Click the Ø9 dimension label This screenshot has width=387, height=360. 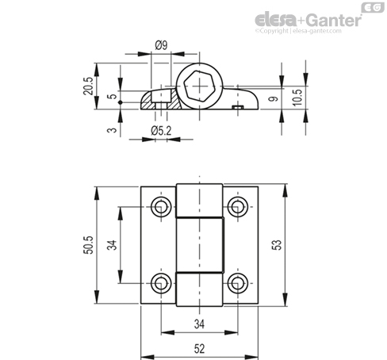coord(161,45)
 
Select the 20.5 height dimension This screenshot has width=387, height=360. coord(88,86)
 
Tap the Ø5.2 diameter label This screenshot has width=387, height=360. coord(161,131)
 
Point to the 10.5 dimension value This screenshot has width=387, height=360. coord(297,98)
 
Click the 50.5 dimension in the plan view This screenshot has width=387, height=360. coord(89,245)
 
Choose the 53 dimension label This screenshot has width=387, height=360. coord(277,245)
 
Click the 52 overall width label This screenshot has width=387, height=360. coord(199,349)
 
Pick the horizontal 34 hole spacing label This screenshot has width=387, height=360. coord(199,324)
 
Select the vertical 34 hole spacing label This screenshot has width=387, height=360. coord(112,245)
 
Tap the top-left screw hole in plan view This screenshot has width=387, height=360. coord(161,207)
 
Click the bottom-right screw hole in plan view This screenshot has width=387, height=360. coord(238,283)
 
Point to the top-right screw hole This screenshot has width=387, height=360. coord(238,207)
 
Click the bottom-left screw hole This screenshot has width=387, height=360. coord(161,283)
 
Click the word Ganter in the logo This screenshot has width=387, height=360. coord(335,20)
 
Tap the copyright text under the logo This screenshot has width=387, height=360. coord(298,31)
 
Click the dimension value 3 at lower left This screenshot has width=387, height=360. coord(113,130)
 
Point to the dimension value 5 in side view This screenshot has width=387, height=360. coord(113,96)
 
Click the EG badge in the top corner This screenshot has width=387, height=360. coord(373,7)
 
